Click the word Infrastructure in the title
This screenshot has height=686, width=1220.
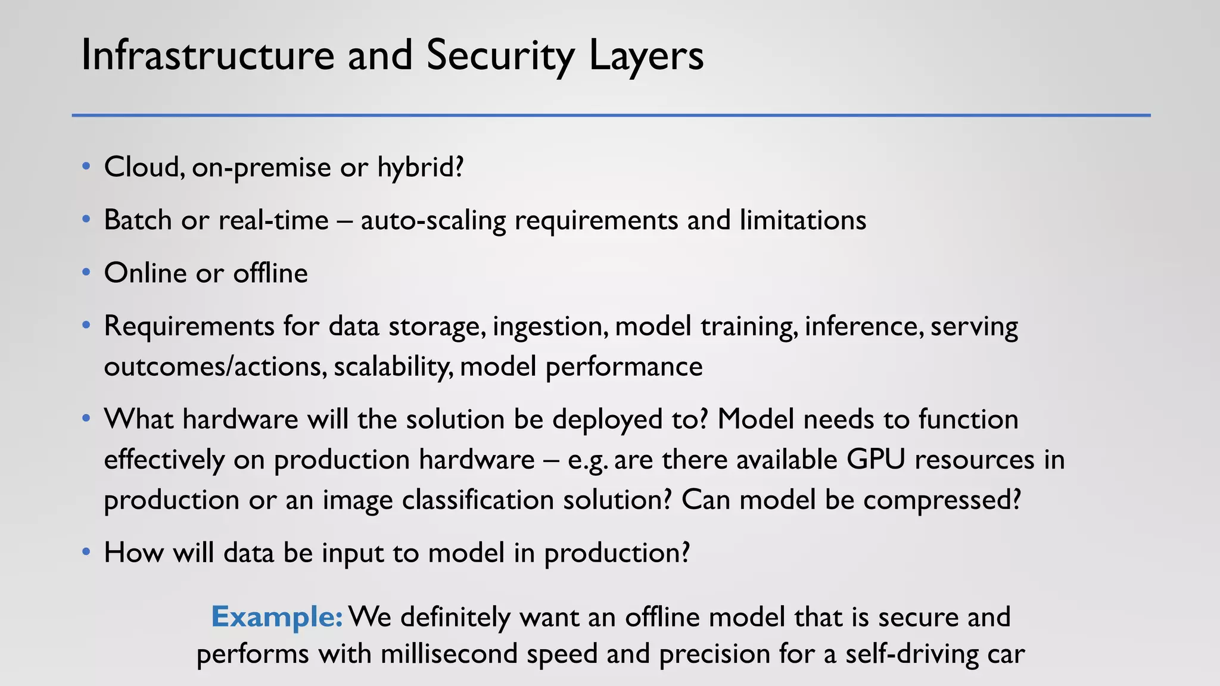(207, 55)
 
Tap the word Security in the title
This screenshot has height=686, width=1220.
(500, 55)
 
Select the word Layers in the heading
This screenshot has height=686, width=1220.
(646, 55)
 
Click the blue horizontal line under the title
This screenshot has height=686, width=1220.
(611, 115)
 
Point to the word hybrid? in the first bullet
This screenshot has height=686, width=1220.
(421, 167)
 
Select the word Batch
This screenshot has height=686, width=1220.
(138, 220)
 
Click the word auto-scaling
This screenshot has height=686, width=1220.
(433, 220)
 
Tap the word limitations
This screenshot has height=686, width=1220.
(802, 220)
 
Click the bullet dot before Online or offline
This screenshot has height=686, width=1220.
(86, 273)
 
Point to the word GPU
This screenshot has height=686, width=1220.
(876, 460)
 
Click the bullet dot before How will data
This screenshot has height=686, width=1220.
(86, 553)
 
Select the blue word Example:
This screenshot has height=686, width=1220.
(276, 617)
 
